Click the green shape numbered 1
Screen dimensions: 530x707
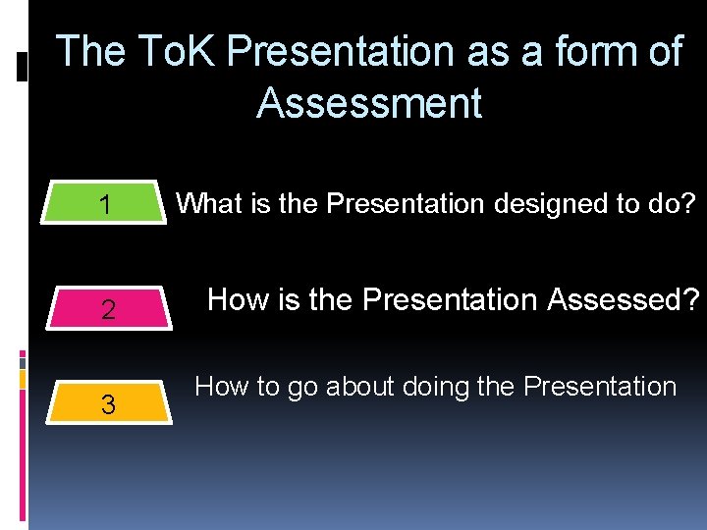coord(105,205)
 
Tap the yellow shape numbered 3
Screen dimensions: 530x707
coord(108,403)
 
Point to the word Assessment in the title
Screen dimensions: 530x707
coord(369,103)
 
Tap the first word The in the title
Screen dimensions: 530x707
coord(91,52)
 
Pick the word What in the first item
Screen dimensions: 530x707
coord(207,204)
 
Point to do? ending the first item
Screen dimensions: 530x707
coord(675,204)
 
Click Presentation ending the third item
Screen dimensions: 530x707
coord(600,387)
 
